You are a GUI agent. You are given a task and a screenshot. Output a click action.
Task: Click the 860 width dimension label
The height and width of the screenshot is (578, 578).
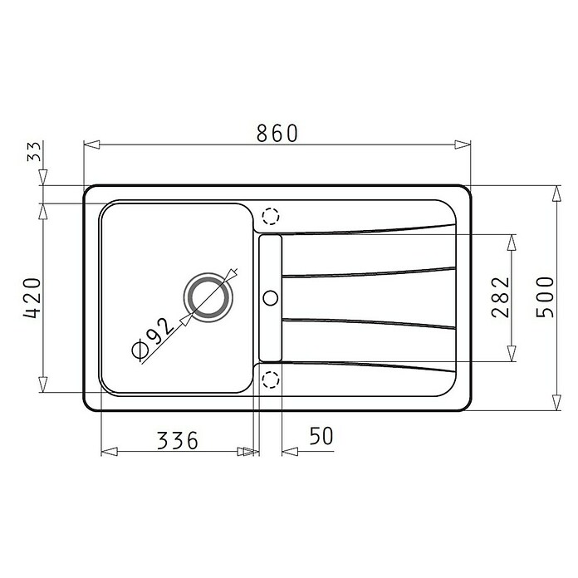277,133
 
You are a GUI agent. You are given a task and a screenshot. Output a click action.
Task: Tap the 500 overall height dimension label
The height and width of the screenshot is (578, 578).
545,297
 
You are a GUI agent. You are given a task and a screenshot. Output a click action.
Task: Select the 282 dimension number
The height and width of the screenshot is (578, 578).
500,297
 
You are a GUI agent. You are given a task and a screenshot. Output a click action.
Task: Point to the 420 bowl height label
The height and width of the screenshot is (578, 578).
32,298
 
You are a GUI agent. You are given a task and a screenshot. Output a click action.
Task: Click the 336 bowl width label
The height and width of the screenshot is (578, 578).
178,440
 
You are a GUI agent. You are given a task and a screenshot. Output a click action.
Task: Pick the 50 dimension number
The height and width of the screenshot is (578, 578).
321,436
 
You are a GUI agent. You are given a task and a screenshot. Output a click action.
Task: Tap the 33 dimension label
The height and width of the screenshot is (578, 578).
34,151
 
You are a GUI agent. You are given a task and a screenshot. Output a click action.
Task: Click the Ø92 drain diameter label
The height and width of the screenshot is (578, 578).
151,338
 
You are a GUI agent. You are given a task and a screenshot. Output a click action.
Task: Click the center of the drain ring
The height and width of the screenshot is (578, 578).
208,297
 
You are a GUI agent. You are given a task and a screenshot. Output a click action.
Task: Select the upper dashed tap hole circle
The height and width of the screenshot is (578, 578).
271,216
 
